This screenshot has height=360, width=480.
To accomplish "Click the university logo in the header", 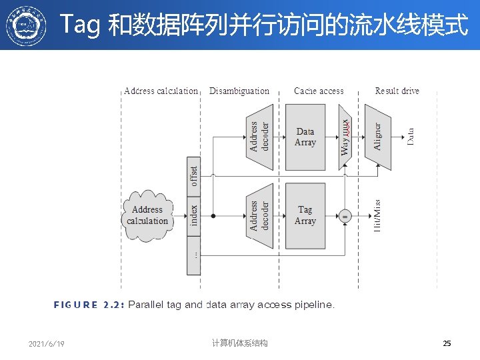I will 27,25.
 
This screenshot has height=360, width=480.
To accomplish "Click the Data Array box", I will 305,137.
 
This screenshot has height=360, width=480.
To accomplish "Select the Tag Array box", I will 305,215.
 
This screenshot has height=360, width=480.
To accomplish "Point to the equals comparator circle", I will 345,216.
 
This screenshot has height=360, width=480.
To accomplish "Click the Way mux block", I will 345,137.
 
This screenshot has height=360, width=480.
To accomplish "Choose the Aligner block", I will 377,137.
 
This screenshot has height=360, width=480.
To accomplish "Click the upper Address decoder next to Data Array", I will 259,137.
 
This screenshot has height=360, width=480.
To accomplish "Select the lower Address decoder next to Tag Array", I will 259,215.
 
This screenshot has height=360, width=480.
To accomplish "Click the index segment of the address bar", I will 193,215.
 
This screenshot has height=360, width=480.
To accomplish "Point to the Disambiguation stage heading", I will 239,91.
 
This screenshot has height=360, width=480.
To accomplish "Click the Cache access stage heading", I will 319,91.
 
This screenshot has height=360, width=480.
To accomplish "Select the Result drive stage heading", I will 397,91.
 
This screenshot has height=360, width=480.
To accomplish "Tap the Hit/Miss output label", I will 377,215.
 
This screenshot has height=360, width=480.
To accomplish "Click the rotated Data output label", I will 410,137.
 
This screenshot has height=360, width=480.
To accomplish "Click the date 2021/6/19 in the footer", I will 47,344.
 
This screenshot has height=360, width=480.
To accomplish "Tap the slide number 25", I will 447,343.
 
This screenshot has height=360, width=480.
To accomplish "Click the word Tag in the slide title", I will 79,26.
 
